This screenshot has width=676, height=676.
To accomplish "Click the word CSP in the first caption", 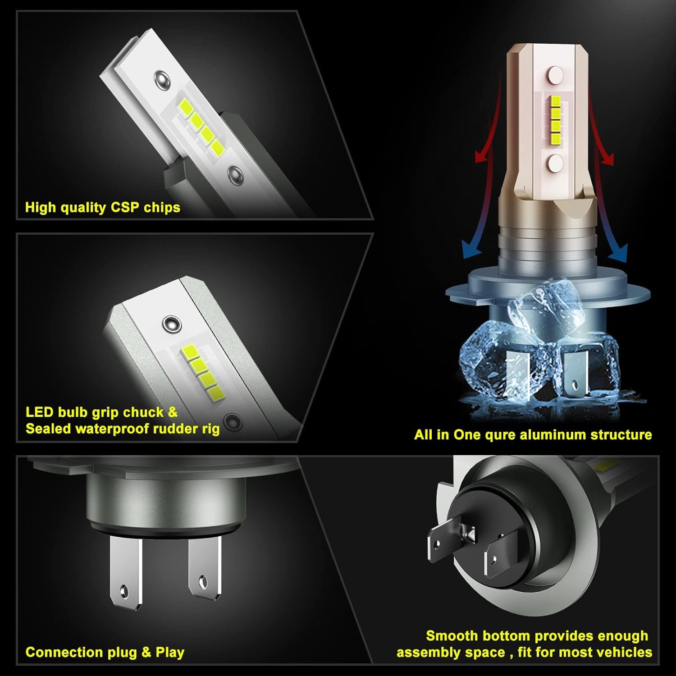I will coord(125,207).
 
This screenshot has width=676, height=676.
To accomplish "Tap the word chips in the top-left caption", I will coord(162,207).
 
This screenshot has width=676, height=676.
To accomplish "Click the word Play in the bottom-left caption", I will coord(170,652).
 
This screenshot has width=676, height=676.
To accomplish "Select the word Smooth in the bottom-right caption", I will coord(452,636).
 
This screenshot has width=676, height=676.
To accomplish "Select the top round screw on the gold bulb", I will coord(556,73).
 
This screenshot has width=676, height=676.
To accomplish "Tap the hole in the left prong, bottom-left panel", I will coord(123,590).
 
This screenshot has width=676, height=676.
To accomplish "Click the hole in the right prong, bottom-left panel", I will coord(202,580).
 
